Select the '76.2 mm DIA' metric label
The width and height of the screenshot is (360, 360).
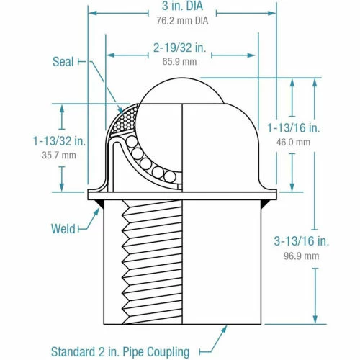click(180, 21)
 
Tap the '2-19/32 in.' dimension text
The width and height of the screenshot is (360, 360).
click(180, 49)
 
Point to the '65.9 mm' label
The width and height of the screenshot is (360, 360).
click(180, 62)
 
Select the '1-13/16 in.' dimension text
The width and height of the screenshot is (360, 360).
click(292, 128)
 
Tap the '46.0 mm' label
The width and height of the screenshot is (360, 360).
click(293, 142)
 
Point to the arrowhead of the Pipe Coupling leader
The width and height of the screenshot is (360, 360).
click(228, 328)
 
